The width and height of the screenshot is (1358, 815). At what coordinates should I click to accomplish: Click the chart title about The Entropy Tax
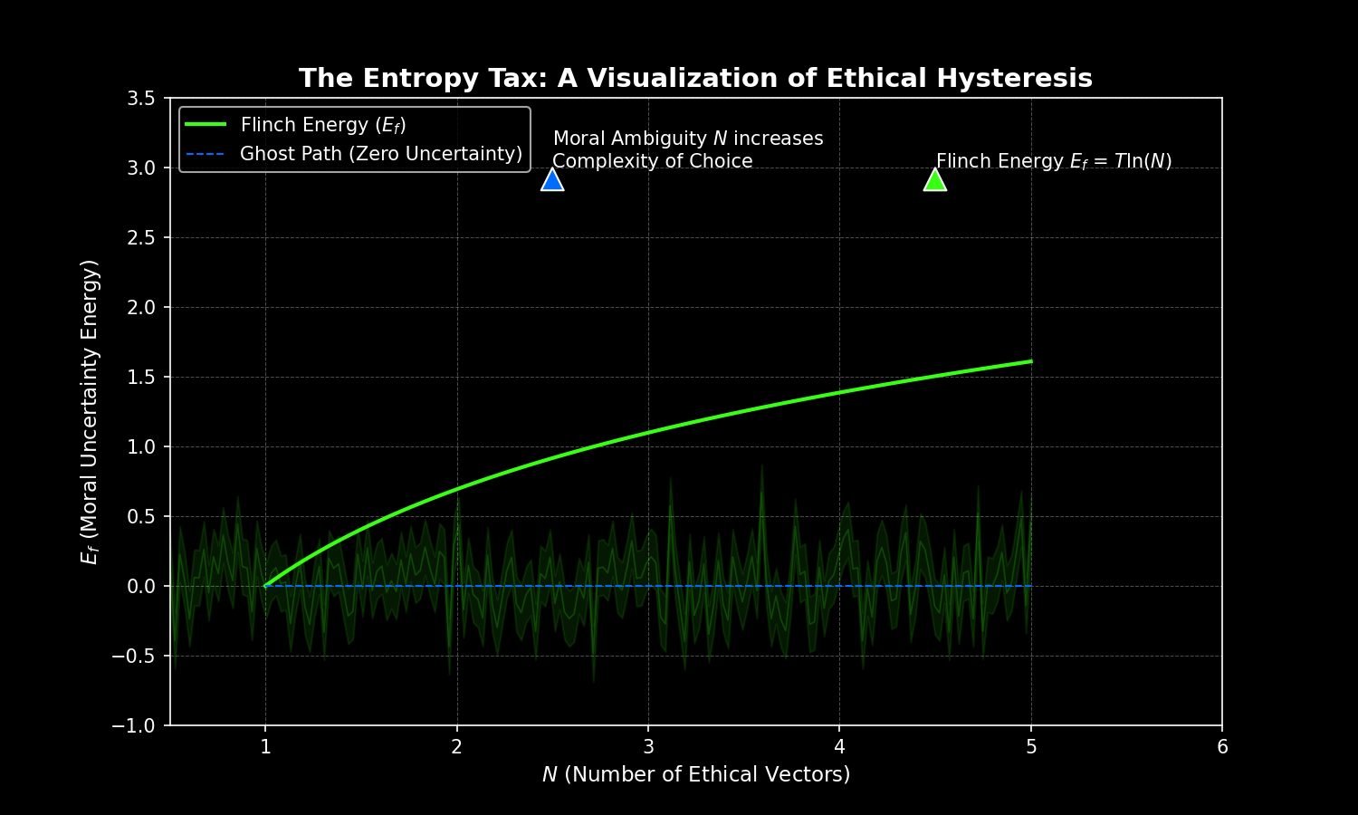point(695,79)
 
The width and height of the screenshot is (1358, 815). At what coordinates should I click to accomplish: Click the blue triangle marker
point(552,180)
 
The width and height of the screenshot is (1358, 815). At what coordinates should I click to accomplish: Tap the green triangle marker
point(935,180)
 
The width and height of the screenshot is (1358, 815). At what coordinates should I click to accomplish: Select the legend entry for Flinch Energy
point(322,125)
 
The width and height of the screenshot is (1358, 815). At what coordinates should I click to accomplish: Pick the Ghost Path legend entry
point(380,154)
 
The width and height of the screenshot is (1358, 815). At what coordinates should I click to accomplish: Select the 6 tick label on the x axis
point(1222,747)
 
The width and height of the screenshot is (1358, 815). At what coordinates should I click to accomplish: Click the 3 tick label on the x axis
point(648,747)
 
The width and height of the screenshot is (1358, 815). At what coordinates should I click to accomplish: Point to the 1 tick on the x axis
point(265,747)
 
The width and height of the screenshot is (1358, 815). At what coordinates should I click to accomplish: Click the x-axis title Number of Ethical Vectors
point(695,775)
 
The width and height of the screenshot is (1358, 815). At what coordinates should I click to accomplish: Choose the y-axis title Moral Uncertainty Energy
point(90,411)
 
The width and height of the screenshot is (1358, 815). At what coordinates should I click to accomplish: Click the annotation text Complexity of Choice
point(652,161)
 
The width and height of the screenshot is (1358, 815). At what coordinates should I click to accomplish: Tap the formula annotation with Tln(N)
point(1054,161)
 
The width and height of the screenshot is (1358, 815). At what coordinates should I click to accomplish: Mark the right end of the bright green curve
point(1031,361)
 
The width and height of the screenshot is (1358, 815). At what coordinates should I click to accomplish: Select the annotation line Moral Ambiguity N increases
point(688,139)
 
